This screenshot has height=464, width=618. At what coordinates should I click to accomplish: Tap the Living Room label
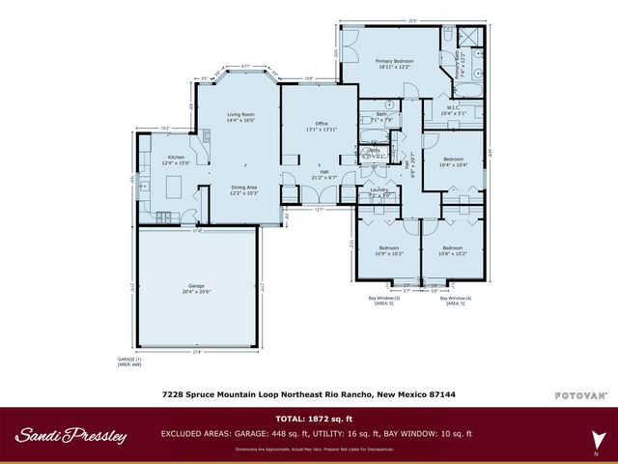pyautogui.click(x=240, y=118)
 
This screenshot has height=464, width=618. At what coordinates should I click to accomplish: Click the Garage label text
pyautogui.click(x=197, y=288)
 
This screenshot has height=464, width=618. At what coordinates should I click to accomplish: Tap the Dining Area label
pyautogui.click(x=243, y=189)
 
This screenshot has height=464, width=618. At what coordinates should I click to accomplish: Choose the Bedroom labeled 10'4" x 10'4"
pyautogui.click(x=453, y=161)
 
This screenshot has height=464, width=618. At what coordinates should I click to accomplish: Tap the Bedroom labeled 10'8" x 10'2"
pyautogui.click(x=452, y=249)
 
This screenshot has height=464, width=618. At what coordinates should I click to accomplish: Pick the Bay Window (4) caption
pyautogui.click(x=455, y=300)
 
